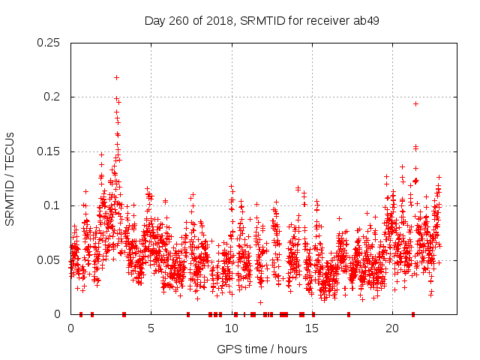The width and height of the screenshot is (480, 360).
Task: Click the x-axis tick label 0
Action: click(x=70, y=328)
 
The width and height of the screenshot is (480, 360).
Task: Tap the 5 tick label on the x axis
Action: click(x=151, y=328)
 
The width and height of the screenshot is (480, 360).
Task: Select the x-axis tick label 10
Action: click(x=231, y=328)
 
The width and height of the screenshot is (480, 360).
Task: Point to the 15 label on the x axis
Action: click(x=311, y=328)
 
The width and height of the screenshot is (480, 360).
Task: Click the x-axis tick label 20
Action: click(x=391, y=328)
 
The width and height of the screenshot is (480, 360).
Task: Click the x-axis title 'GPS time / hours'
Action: click(x=261, y=349)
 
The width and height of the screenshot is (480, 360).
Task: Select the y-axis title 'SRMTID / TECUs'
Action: click(x=10, y=178)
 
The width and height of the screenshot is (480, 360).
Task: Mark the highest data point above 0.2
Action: click(x=116, y=77)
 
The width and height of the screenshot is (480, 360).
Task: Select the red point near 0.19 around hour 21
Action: click(x=415, y=103)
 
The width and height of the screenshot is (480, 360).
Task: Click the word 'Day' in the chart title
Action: click(x=154, y=20)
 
